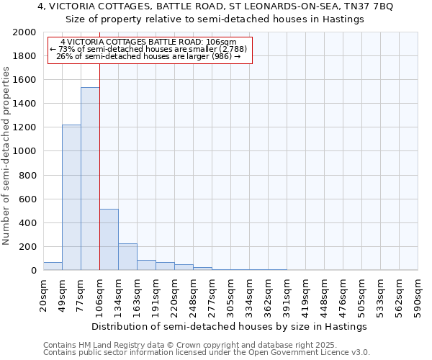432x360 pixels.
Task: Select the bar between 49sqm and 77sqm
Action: [x=71, y=197]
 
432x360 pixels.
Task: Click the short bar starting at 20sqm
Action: [x=53, y=266]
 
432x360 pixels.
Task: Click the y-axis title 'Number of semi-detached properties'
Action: [x=7, y=156]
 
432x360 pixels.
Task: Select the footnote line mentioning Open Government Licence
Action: [x=207, y=353]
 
